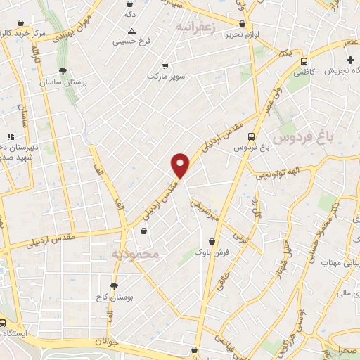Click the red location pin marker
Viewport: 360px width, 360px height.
point(181,165)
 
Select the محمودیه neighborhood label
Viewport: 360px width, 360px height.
point(136,252)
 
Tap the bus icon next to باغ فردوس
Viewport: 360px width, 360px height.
point(252,137)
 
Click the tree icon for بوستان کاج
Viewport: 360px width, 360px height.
point(114,286)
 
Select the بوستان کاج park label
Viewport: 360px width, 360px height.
point(115,298)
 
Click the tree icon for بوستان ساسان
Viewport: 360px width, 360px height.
point(63,71)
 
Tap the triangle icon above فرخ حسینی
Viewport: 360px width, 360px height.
point(131,31)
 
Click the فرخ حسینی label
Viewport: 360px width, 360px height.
point(132,41)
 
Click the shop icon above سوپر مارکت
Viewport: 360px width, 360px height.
point(165,65)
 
